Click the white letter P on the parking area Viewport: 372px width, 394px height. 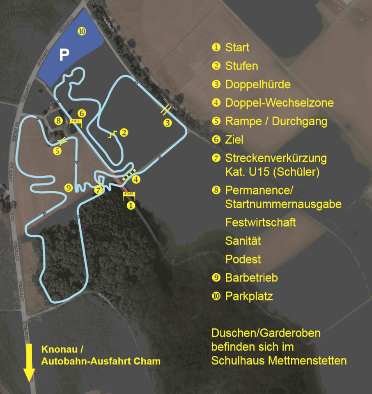(64, 55)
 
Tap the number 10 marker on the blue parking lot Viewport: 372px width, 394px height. (82, 31)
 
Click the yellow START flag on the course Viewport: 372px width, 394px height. (129, 194)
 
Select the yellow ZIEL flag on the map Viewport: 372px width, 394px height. (75, 121)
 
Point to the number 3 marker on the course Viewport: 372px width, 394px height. (167, 122)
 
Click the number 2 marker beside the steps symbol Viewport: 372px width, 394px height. (124, 132)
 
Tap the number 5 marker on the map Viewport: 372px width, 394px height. (57, 151)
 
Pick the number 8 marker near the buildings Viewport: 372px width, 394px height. (58, 121)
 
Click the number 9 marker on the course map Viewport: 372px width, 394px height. (69, 188)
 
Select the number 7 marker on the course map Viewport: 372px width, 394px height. (98, 190)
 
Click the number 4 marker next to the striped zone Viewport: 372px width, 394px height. (136, 179)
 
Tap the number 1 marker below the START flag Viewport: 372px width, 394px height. (131, 205)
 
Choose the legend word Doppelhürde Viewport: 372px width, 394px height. (258, 85)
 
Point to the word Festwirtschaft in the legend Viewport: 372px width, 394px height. (260, 222)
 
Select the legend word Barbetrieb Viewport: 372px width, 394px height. (251, 278)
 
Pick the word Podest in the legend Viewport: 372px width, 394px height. (243, 259)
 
